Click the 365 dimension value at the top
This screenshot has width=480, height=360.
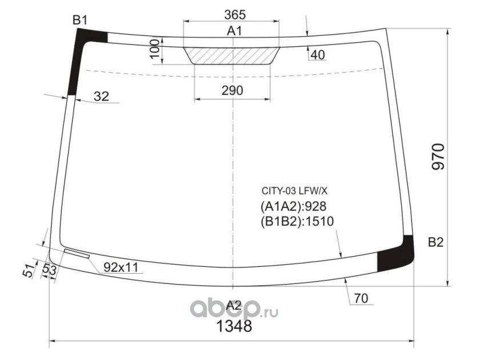coord(235,15)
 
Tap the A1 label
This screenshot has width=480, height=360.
coord(234,31)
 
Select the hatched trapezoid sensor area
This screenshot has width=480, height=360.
coord(232,56)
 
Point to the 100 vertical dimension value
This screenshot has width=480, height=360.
coord(155,49)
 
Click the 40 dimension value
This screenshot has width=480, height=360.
coord(318,55)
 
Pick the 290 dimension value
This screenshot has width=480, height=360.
coord(233,90)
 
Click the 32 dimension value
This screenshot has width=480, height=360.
coord(101,97)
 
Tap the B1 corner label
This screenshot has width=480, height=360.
coord(80,20)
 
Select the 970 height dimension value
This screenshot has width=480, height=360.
coord(438,157)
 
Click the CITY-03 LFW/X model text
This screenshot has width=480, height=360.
coord(294,191)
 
